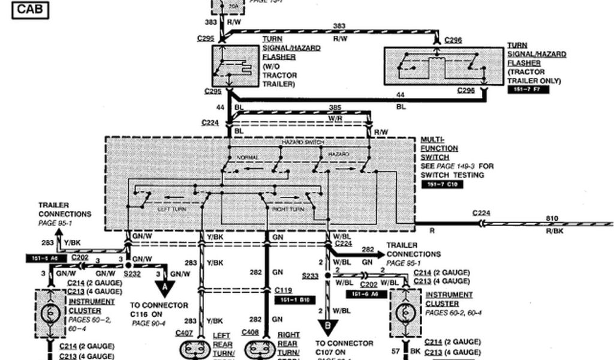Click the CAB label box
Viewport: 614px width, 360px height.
point(29,10)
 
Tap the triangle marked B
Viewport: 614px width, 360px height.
point(327,328)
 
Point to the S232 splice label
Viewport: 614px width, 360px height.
point(131,274)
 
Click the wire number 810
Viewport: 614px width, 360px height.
point(552,218)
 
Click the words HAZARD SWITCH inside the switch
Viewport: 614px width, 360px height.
point(303,142)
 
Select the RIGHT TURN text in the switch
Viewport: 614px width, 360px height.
point(288,209)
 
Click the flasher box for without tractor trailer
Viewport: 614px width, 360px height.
point(235,65)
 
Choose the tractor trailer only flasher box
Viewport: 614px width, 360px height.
point(443,66)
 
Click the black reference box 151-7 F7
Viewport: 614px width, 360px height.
point(528,89)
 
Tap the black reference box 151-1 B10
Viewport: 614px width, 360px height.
point(293,298)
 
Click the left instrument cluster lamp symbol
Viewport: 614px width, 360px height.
point(50,313)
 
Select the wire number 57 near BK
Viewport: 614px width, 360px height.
point(396,350)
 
